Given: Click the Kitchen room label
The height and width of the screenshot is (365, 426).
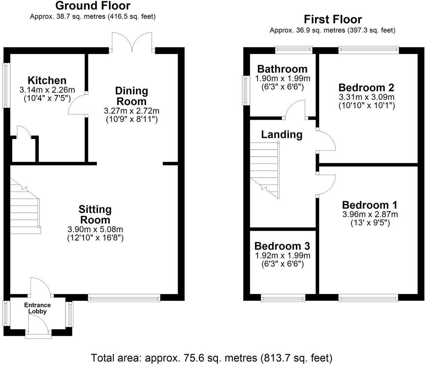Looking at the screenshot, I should (47, 81).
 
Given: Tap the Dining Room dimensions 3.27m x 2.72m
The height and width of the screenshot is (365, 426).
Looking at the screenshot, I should (132, 111).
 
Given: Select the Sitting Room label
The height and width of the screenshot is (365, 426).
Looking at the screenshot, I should (95, 215).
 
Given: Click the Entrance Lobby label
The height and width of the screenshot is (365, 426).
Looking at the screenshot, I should (37, 308).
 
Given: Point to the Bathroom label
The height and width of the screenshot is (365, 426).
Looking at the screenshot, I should (282, 69).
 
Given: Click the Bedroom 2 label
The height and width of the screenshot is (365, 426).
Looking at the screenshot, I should (366, 87).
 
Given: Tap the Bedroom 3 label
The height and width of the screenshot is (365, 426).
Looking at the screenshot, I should (282, 246).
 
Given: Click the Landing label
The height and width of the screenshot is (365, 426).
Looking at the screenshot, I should (282, 134).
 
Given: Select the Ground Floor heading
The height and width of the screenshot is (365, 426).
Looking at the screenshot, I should (93, 6).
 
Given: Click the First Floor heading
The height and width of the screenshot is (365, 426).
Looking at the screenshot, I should (332, 19).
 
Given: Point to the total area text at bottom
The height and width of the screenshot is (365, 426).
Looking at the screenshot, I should (212, 357).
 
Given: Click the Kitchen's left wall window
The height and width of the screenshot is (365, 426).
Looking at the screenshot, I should (6, 85).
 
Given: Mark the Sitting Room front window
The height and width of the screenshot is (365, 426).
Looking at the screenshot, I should (124, 297).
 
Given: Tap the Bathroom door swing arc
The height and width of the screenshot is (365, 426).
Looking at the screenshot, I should (295, 109).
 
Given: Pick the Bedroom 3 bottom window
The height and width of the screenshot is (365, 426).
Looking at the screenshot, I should (283, 297).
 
